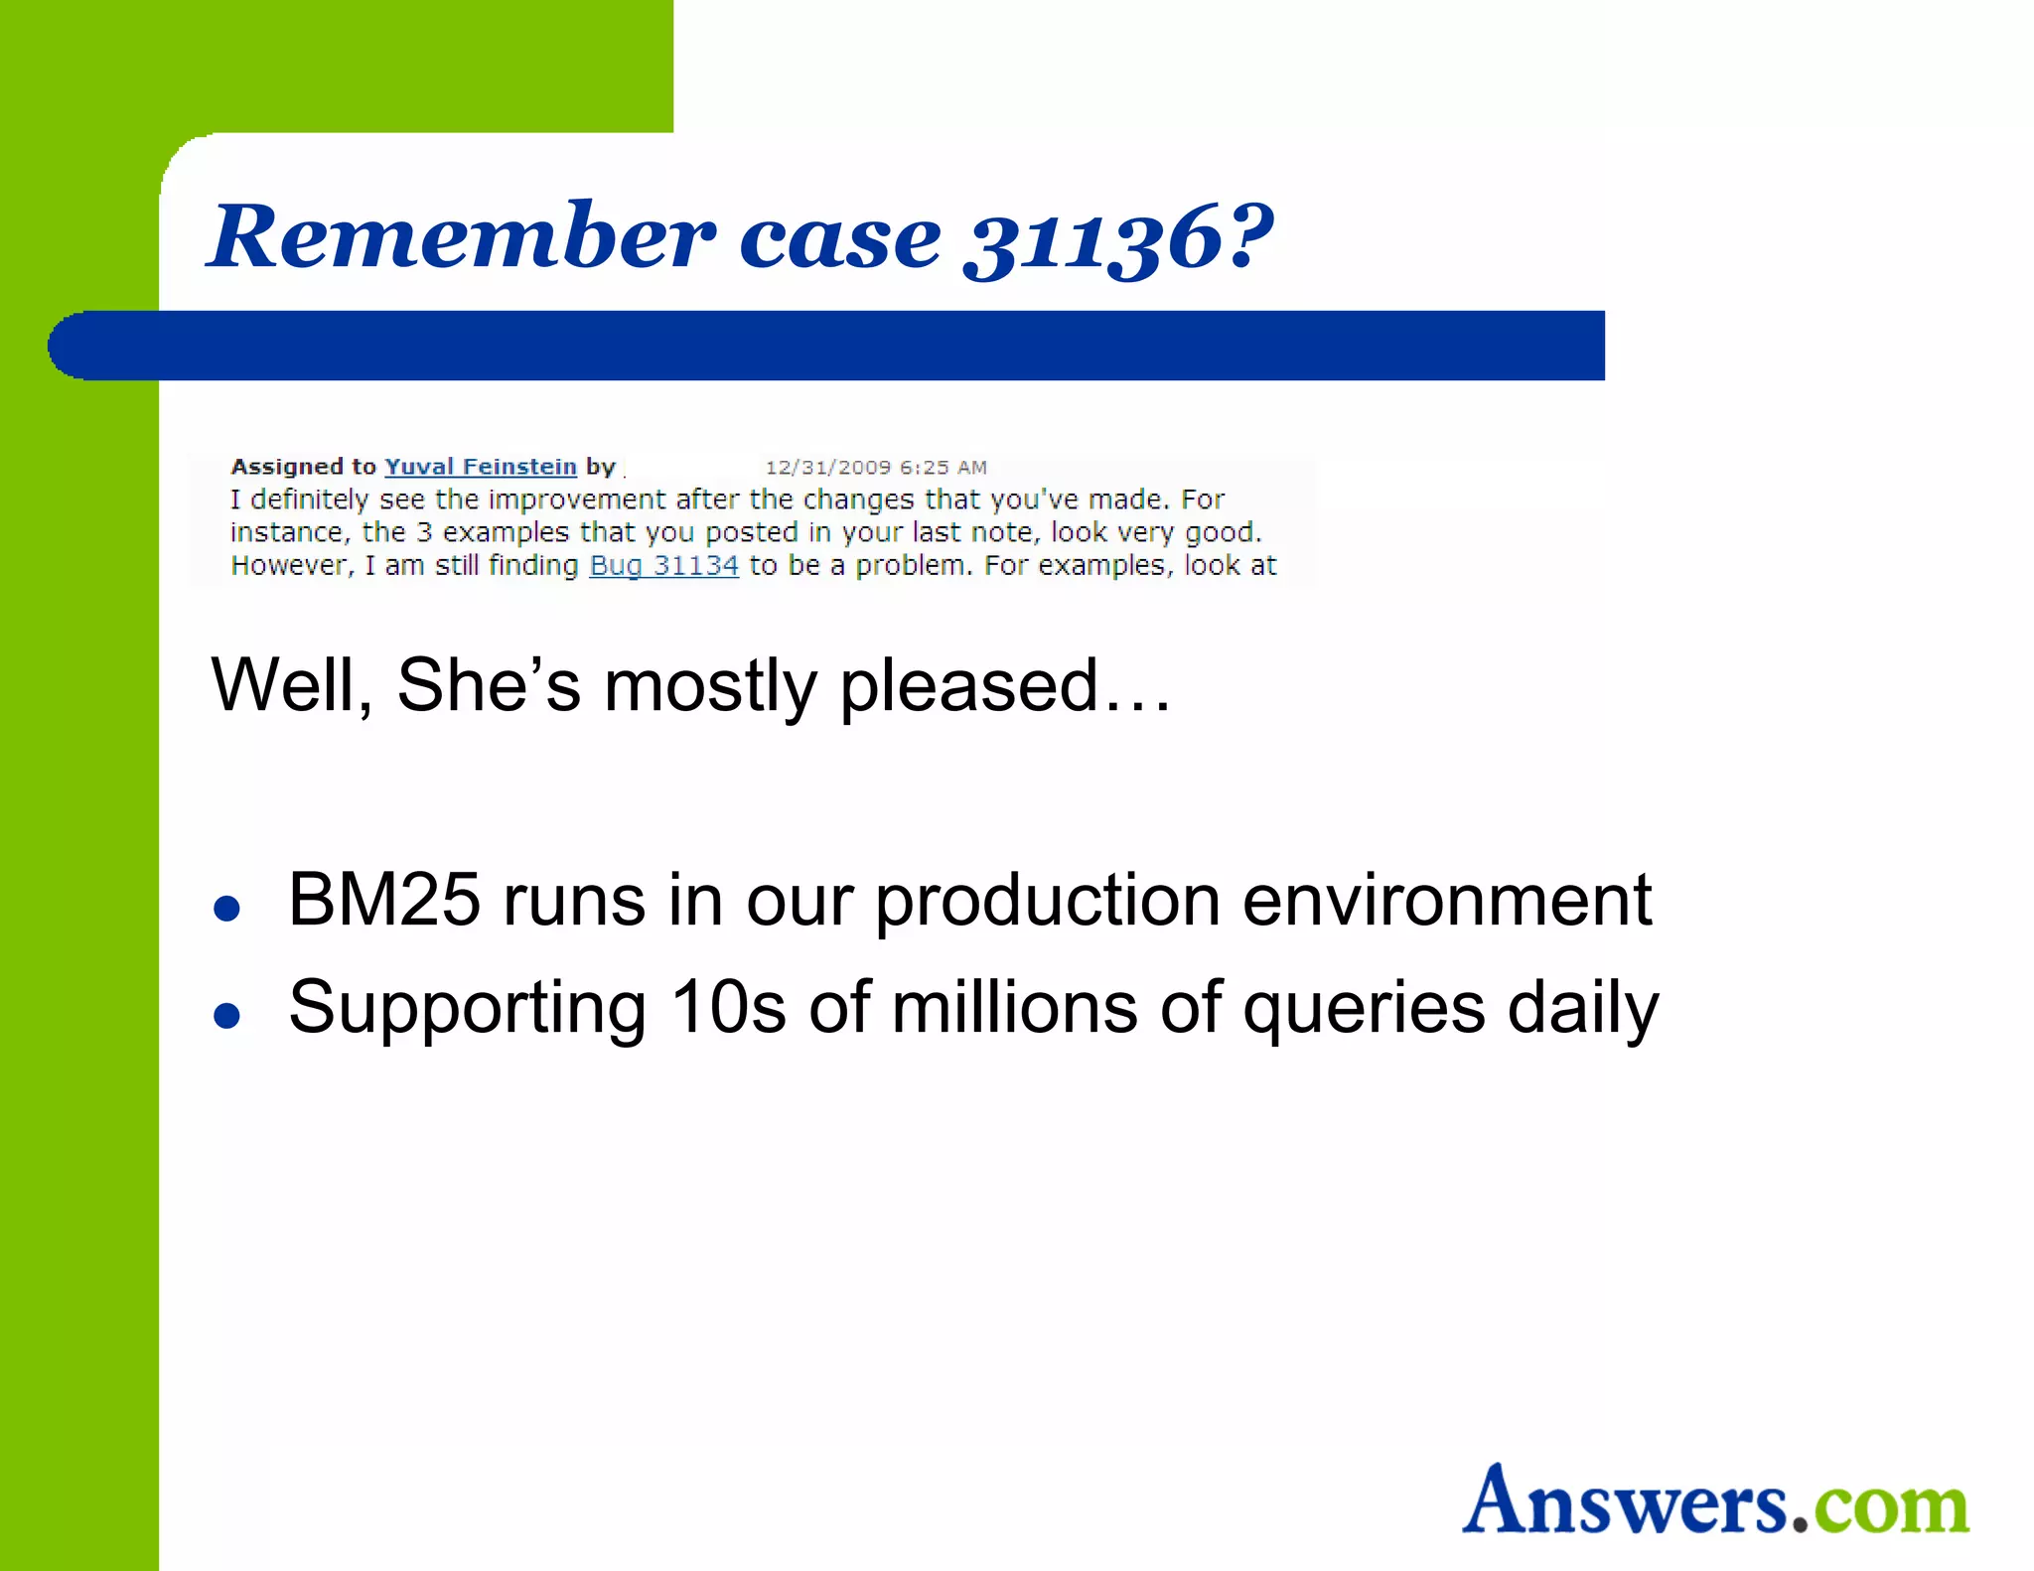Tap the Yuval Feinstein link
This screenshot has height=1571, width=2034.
[x=480, y=467]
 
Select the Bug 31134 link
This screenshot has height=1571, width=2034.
[x=663, y=566]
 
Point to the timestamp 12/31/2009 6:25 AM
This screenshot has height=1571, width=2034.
[x=875, y=468]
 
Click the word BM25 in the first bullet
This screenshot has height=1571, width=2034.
[x=383, y=901]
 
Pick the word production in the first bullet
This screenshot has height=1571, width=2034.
[x=1047, y=901]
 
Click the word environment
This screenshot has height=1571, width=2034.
[x=1447, y=901]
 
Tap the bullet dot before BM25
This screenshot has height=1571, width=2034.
[x=227, y=909]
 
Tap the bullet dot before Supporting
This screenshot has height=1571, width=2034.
[x=227, y=1016]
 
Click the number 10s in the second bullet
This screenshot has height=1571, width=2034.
[x=728, y=1008]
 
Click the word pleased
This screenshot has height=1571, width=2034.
[x=968, y=686]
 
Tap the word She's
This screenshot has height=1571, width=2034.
[x=488, y=685]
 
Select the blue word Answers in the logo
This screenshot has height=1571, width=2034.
[x=1625, y=1500]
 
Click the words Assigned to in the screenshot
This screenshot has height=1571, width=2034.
[x=303, y=467]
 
